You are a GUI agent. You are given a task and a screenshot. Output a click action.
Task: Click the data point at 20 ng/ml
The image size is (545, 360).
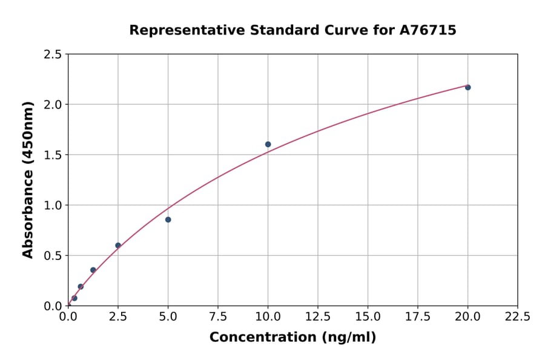coord(467,87)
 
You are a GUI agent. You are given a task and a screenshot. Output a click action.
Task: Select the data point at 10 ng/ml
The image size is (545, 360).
coord(268,144)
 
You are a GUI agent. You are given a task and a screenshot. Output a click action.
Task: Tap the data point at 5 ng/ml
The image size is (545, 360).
coord(168,219)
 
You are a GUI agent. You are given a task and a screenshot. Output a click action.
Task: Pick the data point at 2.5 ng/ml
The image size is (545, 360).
coord(118,245)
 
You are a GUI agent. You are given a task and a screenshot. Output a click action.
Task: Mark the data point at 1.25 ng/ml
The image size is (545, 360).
coord(93,270)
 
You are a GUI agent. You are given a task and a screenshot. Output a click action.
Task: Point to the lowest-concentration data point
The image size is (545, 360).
coord(74,298)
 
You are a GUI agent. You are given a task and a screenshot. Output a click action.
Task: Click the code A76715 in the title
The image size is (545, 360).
coord(428,30)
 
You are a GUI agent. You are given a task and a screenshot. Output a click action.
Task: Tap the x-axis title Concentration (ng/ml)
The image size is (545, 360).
coord(292,338)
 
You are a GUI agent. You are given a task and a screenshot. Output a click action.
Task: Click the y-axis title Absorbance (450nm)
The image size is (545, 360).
coord(28,179)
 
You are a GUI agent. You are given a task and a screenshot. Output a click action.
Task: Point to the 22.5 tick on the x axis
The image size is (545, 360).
coord(517,317)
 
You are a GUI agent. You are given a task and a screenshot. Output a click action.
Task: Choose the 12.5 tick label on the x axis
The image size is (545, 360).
coord(318,317)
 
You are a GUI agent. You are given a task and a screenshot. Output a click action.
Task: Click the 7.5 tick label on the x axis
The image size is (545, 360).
coord(218,317)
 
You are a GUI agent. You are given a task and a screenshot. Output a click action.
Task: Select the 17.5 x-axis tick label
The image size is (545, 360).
coord(418,317)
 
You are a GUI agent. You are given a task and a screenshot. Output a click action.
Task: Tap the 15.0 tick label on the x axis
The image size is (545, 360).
coord(368,317)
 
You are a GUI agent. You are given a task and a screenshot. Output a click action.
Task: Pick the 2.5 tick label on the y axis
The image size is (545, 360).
coord(53,55)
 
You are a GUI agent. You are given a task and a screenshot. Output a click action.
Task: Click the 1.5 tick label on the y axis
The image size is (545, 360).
coord(53,155)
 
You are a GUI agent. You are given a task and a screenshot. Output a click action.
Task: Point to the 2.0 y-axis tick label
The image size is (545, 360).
coord(53,105)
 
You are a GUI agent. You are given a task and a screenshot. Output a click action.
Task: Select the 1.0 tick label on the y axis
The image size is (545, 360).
coord(53,205)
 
